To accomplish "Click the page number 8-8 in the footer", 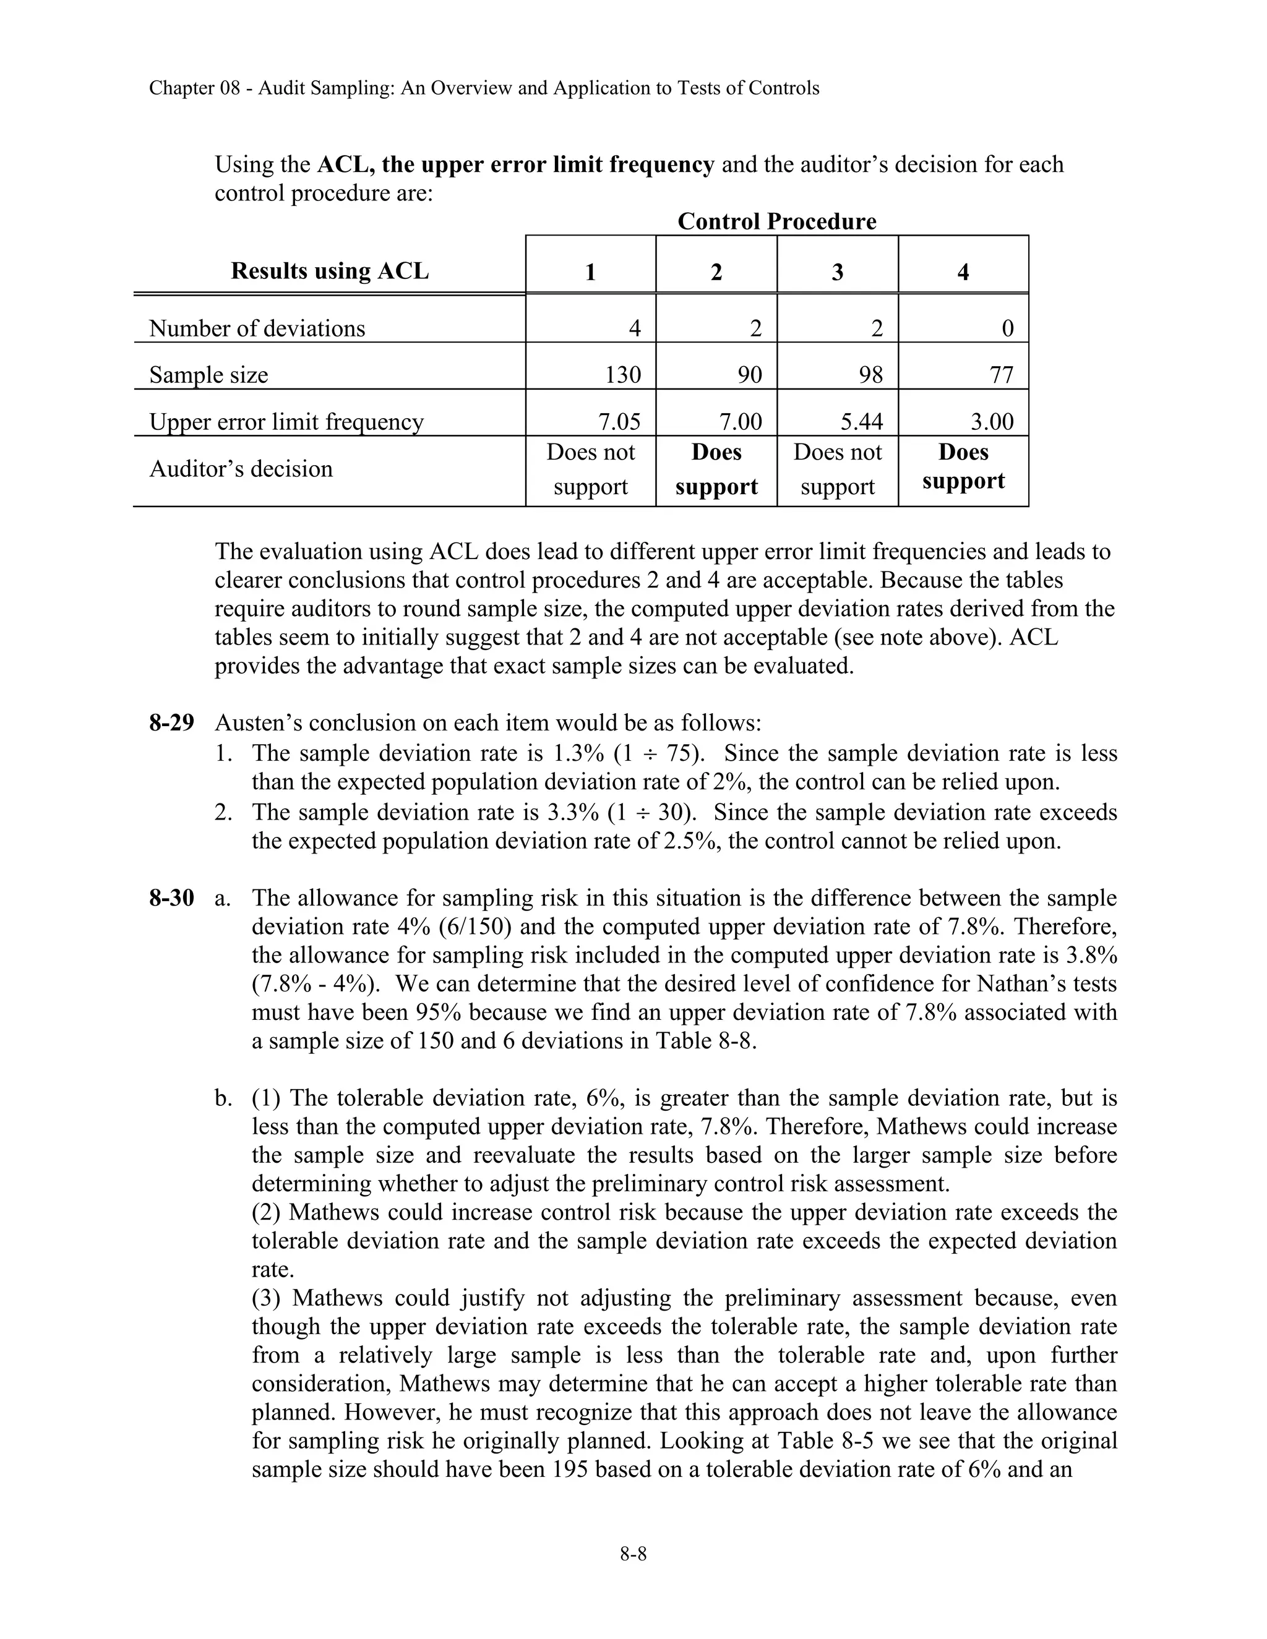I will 633,1554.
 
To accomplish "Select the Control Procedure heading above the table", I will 776,221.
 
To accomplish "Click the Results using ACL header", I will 330,271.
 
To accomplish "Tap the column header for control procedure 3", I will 837,272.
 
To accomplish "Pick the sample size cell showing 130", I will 622,374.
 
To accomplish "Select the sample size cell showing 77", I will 1002,374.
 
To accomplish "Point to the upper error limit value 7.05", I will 619,422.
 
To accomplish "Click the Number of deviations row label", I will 257,328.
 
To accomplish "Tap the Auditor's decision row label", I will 240,469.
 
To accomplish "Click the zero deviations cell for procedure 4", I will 1007,328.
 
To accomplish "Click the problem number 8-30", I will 171,898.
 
